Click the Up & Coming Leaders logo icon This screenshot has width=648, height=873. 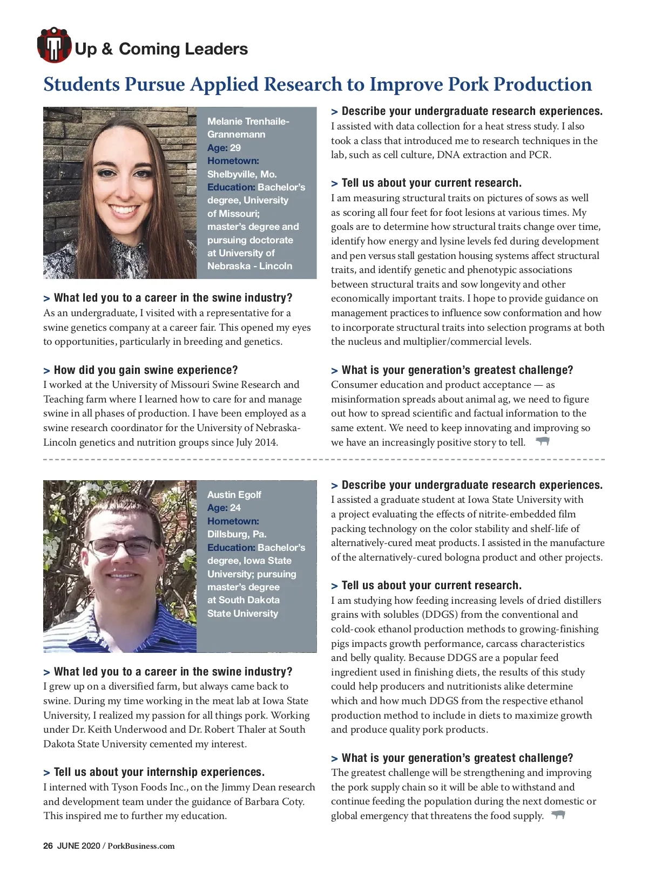point(54,45)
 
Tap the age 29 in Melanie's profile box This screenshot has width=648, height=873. point(235,148)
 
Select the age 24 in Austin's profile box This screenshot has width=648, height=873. point(235,508)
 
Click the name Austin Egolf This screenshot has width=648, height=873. point(234,495)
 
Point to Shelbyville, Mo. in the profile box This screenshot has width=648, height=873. point(241,174)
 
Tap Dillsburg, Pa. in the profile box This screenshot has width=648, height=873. point(237,534)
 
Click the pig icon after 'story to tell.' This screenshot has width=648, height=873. point(542,441)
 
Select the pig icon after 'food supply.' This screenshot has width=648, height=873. point(558,815)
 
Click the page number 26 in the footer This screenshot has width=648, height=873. point(48,846)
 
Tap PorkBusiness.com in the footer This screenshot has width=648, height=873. point(141,846)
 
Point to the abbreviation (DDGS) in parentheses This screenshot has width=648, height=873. point(438,615)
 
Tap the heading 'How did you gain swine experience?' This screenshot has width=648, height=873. point(145,370)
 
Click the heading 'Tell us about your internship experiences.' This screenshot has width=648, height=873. point(159,772)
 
